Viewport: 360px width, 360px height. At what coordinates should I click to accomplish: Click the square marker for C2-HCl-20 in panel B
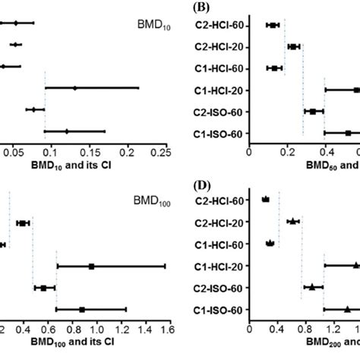[x=293, y=47]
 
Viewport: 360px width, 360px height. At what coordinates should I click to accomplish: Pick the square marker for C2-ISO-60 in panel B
[x=312, y=112]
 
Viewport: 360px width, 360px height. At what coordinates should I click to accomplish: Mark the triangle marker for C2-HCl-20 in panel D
[x=292, y=221]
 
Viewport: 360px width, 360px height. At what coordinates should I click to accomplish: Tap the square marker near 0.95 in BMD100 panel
[x=91, y=266]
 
